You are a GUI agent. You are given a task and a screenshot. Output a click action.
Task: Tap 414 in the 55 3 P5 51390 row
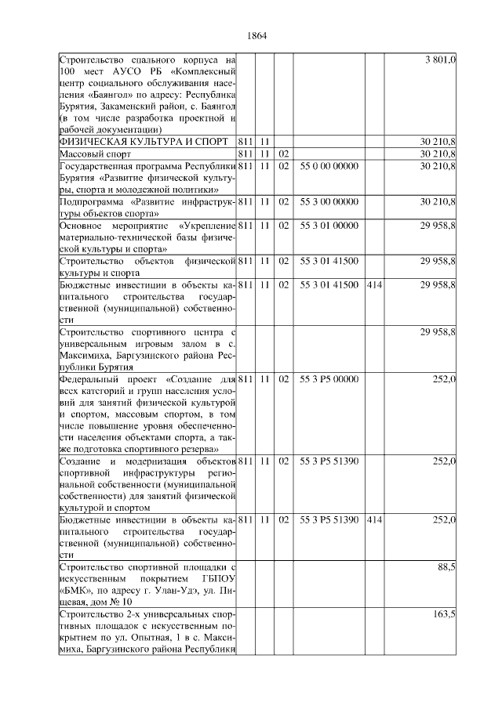374,520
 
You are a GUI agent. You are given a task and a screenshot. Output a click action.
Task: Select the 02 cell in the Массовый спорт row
284,154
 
